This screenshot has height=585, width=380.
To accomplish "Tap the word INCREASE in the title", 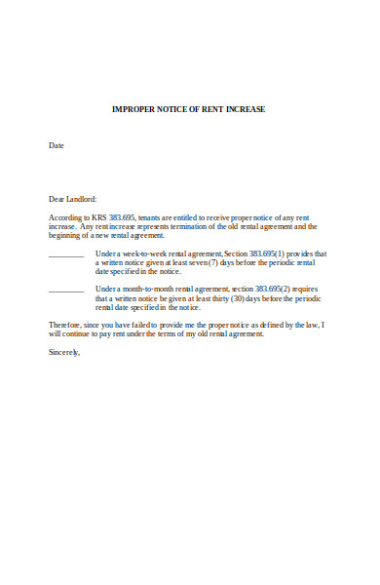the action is point(243,109).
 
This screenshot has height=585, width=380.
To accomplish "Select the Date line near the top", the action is point(57,145).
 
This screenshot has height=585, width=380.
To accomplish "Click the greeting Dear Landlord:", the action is point(73,199).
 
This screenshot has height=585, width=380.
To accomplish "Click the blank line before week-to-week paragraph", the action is point(66,253).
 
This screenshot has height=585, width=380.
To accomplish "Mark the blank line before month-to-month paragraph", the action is point(66,290).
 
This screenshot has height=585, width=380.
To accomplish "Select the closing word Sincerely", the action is point(64,352).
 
